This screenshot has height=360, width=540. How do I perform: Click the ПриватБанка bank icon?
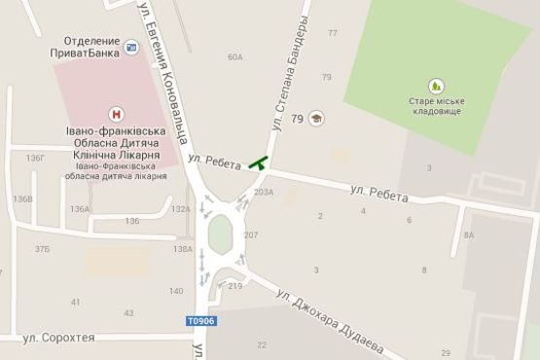131,44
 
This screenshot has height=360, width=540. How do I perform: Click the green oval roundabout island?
220,234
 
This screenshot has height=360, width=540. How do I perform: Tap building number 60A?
234,57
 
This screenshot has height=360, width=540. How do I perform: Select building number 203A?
264,192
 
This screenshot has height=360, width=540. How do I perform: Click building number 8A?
469,234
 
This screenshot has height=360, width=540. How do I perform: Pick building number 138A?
182,249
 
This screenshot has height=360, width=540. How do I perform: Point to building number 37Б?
43,249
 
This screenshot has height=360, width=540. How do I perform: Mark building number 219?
234,286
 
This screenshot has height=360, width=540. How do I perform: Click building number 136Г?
36,158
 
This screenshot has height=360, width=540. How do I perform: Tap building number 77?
333,33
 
